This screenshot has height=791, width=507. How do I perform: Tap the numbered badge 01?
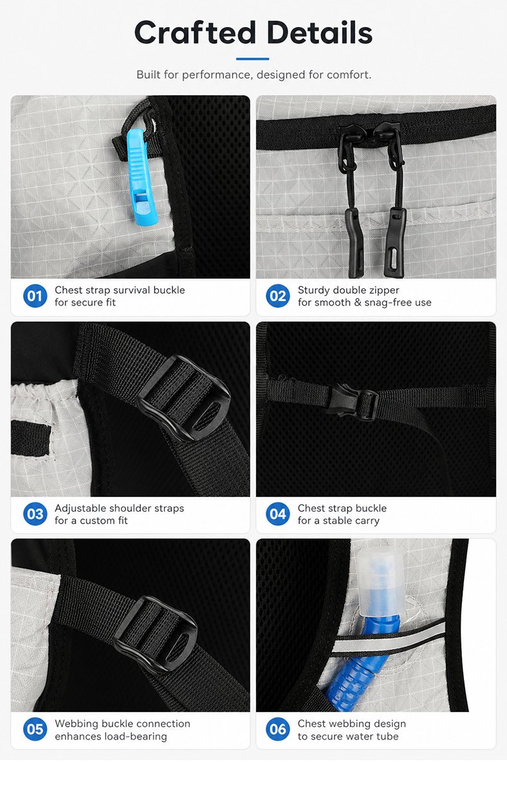tap(35, 296)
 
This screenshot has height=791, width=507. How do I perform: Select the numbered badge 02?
tap(278, 296)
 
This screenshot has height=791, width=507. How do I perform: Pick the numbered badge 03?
tap(35, 514)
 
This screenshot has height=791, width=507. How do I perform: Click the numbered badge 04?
tap(278, 514)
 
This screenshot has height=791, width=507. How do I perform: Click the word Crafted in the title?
tap(195, 33)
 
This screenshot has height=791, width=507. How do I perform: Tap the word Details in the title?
tap(320, 33)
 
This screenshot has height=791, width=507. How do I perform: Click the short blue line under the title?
tap(253, 59)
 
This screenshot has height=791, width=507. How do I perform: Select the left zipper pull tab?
tap(355, 242)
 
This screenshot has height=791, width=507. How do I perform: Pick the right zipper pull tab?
tap(395, 242)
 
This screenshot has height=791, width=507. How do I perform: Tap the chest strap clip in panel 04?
tap(350, 401)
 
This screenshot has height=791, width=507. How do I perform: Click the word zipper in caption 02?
tap(383, 291)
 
